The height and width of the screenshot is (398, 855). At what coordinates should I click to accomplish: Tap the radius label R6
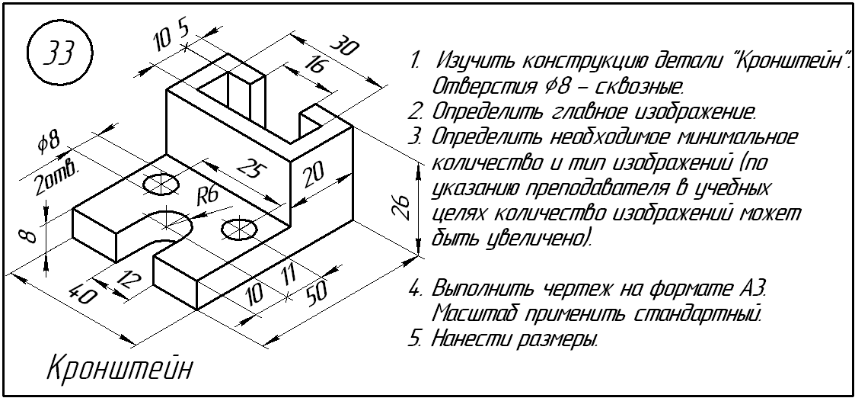[x=208, y=196]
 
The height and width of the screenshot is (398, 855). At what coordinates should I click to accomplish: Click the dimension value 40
[x=78, y=293]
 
